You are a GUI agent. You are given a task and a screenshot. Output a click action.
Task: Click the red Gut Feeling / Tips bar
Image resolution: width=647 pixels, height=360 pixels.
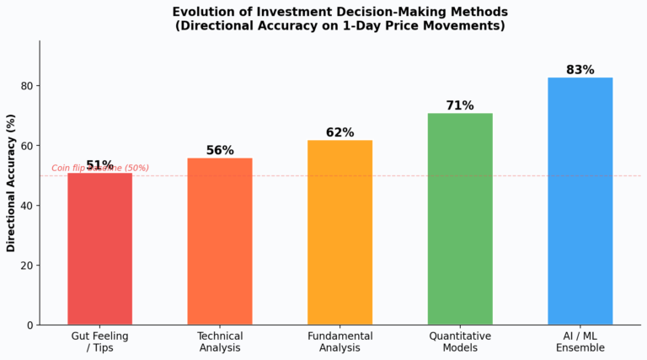[99, 249]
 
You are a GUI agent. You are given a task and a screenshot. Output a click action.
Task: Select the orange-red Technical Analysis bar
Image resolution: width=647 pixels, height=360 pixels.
[220, 241]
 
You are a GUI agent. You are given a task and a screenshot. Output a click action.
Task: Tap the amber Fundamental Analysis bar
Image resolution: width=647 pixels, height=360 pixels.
[340, 232]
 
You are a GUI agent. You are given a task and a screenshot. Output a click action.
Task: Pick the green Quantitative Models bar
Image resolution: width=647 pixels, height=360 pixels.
[460, 218]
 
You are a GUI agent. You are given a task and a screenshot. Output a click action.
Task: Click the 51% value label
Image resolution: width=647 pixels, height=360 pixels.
[99, 165]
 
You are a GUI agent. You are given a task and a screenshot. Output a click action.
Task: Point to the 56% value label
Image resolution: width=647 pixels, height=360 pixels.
[220, 150]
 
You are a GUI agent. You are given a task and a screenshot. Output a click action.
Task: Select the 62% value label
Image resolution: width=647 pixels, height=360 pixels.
[340, 132]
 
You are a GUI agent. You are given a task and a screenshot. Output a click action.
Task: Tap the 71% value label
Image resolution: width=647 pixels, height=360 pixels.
[460, 105]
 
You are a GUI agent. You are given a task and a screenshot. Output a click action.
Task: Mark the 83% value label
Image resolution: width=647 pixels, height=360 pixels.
[580, 70]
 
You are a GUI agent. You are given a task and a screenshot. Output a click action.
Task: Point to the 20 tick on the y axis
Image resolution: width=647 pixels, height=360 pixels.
[26, 266]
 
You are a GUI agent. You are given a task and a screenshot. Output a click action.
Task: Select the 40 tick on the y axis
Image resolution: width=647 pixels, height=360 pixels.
[26, 206]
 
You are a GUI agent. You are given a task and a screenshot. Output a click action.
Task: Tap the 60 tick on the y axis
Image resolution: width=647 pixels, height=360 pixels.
[26, 146]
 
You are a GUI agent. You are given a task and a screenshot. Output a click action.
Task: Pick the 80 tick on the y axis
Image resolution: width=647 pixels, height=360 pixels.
[26, 86]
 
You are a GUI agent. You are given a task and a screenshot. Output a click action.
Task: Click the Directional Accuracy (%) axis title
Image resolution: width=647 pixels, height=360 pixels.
[11, 183]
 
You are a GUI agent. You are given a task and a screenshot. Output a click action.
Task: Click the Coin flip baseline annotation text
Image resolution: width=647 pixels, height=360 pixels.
[100, 168]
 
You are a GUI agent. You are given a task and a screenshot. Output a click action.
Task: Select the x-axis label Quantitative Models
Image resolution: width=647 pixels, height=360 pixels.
[460, 341]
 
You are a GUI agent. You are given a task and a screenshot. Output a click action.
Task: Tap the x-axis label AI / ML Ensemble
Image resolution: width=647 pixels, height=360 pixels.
[580, 341]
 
